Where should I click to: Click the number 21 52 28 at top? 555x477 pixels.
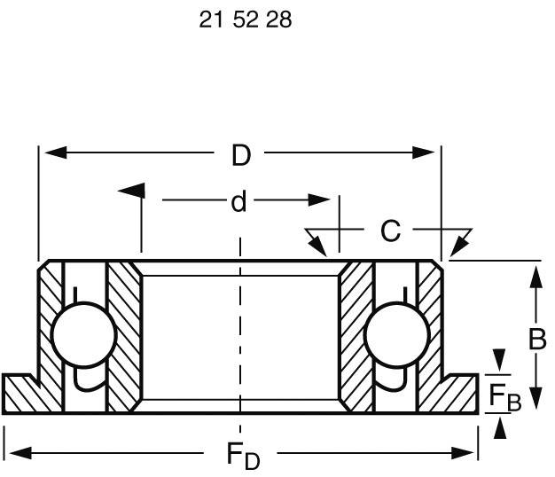coord(246,20)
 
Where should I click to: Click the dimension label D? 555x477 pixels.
coord(241,156)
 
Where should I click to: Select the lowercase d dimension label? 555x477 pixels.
coord(238,203)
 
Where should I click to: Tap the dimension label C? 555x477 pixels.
coord(390,231)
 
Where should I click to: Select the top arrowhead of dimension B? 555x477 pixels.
coord(536,277)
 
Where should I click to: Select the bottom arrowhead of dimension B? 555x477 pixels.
coord(536,401)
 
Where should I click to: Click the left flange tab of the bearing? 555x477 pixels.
coord(20,394)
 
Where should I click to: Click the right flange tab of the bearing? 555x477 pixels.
coord(461,394)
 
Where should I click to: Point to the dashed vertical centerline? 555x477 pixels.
coord(238,328)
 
